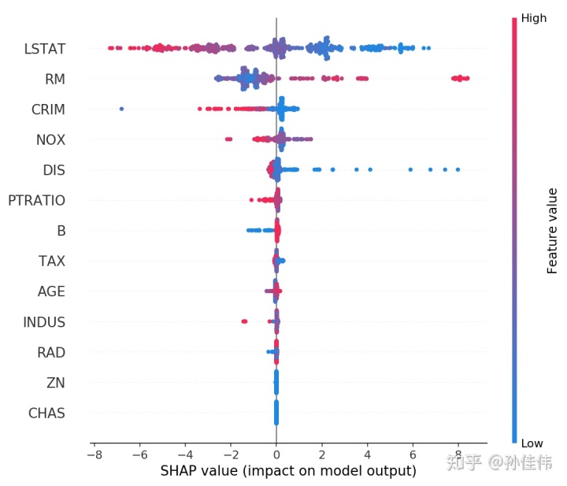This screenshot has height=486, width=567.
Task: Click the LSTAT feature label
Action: (x=43, y=49)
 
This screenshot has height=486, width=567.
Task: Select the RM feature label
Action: (x=54, y=79)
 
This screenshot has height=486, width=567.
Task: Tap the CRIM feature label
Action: (x=48, y=109)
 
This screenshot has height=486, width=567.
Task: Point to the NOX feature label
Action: (x=50, y=140)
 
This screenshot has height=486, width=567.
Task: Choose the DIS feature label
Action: (x=54, y=170)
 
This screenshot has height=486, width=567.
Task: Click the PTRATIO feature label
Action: (x=36, y=201)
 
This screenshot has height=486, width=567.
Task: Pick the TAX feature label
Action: (x=51, y=262)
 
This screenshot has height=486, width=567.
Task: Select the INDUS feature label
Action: (x=44, y=322)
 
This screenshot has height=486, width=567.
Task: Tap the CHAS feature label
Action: (x=46, y=413)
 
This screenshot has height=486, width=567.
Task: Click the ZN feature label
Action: (x=55, y=383)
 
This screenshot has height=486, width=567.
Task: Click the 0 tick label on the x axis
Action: (x=276, y=455)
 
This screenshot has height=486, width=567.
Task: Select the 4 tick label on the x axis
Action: (x=367, y=455)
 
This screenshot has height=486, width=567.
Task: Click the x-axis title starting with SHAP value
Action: (x=287, y=471)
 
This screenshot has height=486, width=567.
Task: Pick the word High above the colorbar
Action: (x=533, y=19)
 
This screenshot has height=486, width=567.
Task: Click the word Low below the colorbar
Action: (x=532, y=443)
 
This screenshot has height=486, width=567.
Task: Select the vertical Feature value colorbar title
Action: (x=552, y=231)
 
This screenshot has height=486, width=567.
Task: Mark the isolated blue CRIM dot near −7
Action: (x=121, y=109)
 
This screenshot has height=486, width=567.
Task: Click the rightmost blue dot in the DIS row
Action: (x=458, y=169)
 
